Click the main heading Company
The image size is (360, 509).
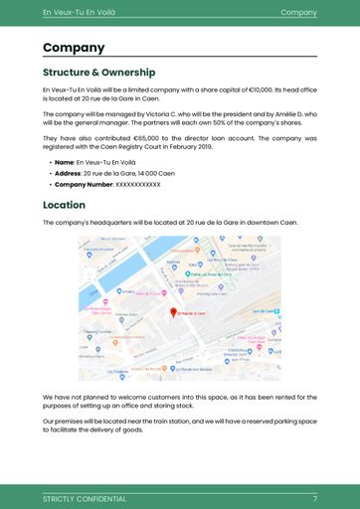pyautogui.click(x=74, y=48)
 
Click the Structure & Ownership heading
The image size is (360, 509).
pyautogui.click(x=98, y=73)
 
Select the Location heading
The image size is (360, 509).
pyautogui.click(x=64, y=205)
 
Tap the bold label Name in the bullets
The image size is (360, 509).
pyautogui.click(x=64, y=161)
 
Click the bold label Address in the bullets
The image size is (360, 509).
pyautogui.click(x=68, y=173)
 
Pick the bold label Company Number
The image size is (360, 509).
pyautogui.click(x=84, y=185)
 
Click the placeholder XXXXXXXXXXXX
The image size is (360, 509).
pyautogui.click(x=138, y=185)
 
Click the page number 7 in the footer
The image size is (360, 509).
pyautogui.click(x=314, y=498)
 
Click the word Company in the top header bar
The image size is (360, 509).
pyautogui.click(x=298, y=12)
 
